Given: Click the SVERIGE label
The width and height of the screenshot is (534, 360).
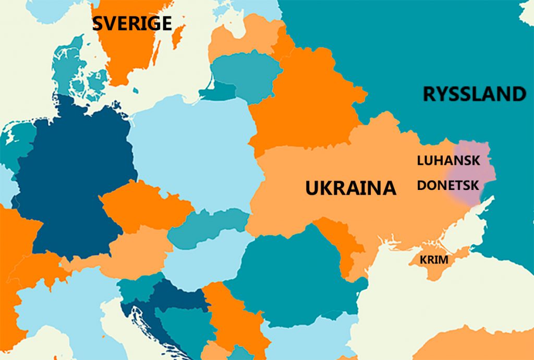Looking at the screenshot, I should [132, 23].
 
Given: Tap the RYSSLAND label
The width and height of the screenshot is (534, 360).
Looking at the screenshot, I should [474, 94].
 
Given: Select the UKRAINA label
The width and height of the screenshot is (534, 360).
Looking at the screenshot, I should [350, 188].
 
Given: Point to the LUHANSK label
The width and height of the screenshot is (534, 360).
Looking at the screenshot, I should [448, 161].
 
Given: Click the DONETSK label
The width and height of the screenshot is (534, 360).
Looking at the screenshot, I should [448, 185].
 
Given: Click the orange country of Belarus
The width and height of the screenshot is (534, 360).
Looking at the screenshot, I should [308, 104].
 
